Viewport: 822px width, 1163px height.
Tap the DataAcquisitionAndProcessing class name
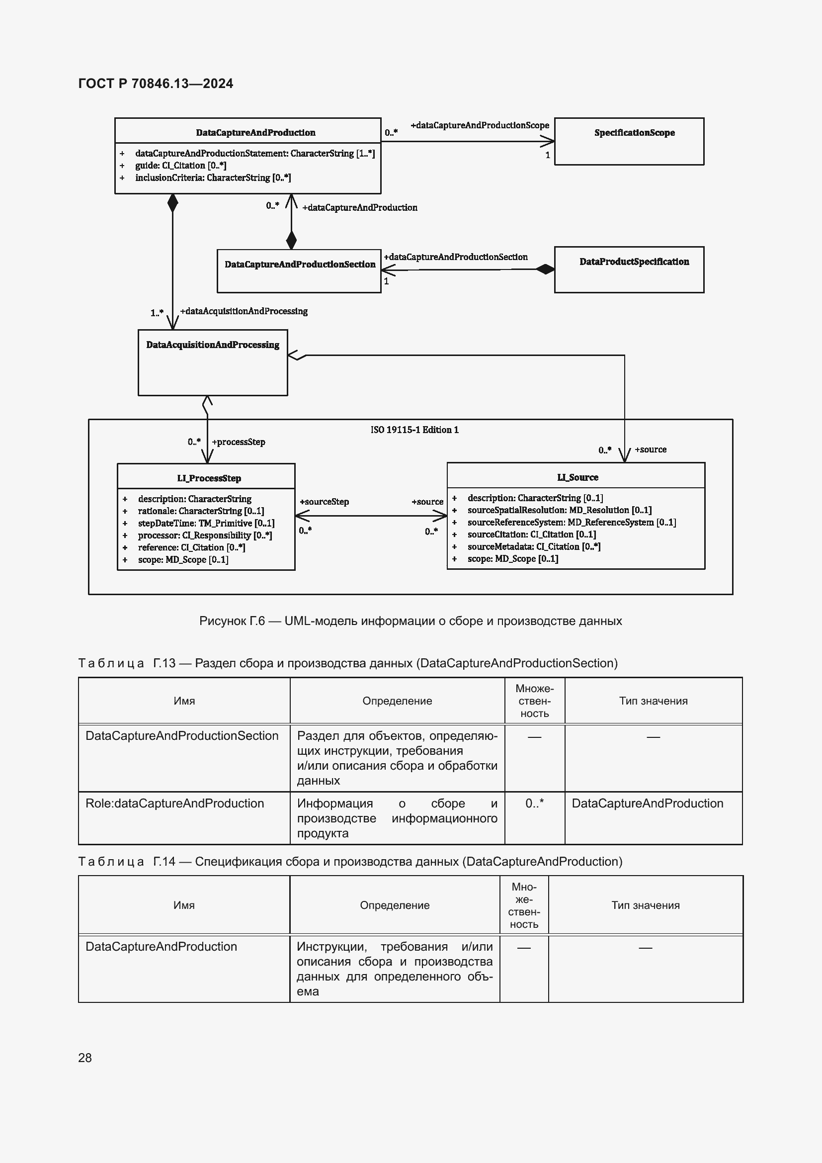click(213, 345)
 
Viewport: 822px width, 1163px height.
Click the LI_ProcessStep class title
click(209, 478)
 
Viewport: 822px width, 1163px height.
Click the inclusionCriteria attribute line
click(213, 178)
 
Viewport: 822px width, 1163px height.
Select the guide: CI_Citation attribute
click(180, 166)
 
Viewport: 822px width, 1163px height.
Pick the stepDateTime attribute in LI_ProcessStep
click(206, 523)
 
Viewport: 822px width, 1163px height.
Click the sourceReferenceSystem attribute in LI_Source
click(572, 522)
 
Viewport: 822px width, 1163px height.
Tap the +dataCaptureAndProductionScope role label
click(479, 125)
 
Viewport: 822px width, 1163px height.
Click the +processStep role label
click(238, 442)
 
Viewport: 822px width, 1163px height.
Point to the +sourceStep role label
click(324, 502)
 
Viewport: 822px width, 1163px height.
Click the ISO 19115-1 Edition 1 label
click(414, 430)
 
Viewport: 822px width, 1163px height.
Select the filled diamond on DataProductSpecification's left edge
click(545, 269)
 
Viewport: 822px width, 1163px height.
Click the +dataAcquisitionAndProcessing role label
click(244, 311)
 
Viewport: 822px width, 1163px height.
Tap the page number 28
click(85, 1058)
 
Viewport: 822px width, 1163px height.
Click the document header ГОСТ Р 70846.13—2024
click(156, 84)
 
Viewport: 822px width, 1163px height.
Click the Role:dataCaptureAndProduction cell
click(174, 804)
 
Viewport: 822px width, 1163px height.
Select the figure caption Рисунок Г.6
click(410, 621)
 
